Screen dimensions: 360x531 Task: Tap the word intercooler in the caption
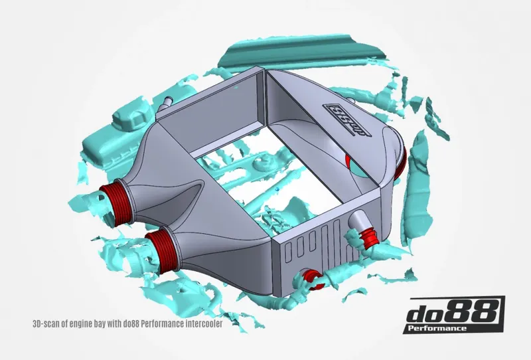tap(200, 325)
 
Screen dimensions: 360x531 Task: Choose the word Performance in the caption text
tap(161, 325)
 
